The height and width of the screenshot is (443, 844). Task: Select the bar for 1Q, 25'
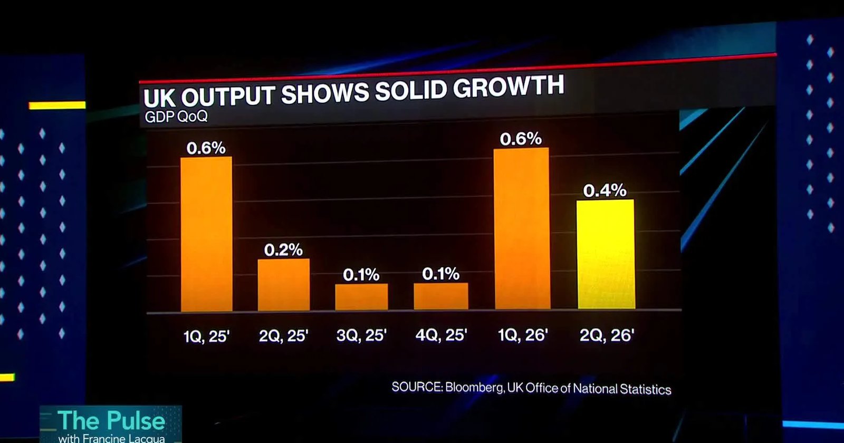[x=206, y=234]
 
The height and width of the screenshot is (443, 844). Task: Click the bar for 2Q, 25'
[x=284, y=285]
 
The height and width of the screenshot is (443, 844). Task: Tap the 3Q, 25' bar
[x=362, y=297]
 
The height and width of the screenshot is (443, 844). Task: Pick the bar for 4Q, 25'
[x=441, y=296]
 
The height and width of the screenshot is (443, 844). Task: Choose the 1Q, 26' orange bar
[x=522, y=229]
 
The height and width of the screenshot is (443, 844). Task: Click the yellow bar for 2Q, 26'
[x=606, y=254]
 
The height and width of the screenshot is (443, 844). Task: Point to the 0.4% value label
[x=605, y=190]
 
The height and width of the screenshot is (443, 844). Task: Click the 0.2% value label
[x=283, y=250]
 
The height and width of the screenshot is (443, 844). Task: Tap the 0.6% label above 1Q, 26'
[x=521, y=139]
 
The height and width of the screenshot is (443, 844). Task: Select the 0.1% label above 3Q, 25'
[x=361, y=275]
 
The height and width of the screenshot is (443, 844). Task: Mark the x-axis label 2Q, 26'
[x=607, y=335]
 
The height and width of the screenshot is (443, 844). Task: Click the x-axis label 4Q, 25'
[x=441, y=334]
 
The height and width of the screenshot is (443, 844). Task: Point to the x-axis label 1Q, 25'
[x=206, y=336]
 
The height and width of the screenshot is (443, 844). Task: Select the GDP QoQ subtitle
[x=176, y=117]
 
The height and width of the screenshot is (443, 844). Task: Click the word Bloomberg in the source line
[x=475, y=387]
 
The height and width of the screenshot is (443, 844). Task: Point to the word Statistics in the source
[x=646, y=389]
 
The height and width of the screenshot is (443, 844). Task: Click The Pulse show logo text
[x=111, y=420]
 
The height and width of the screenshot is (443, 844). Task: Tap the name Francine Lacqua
[x=123, y=438]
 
